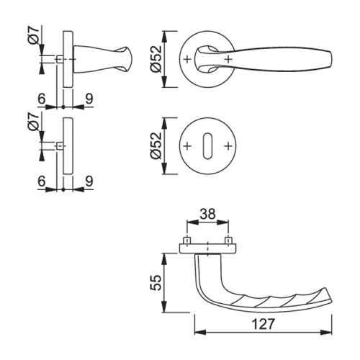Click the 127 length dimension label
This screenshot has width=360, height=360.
pyautogui.click(x=263, y=324)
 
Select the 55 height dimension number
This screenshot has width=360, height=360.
pyautogui.click(x=157, y=283)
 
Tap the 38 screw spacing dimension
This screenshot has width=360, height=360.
pyautogui.click(x=208, y=214)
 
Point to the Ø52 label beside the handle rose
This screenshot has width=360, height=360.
pyautogui.click(x=157, y=59)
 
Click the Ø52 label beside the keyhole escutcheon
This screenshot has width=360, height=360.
pyautogui.click(x=157, y=145)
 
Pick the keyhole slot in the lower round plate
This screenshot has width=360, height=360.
pyautogui.click(x=207, y=145)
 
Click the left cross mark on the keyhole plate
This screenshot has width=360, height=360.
pyautogui.click(x=187, y=145)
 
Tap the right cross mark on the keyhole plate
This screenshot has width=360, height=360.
pyautogui.click(x=228, y=145)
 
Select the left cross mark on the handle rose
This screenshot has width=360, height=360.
pyautogui.click(x=187, y=59)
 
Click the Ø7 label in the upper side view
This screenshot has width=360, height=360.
pyautogui.click(x=35, y=35)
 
